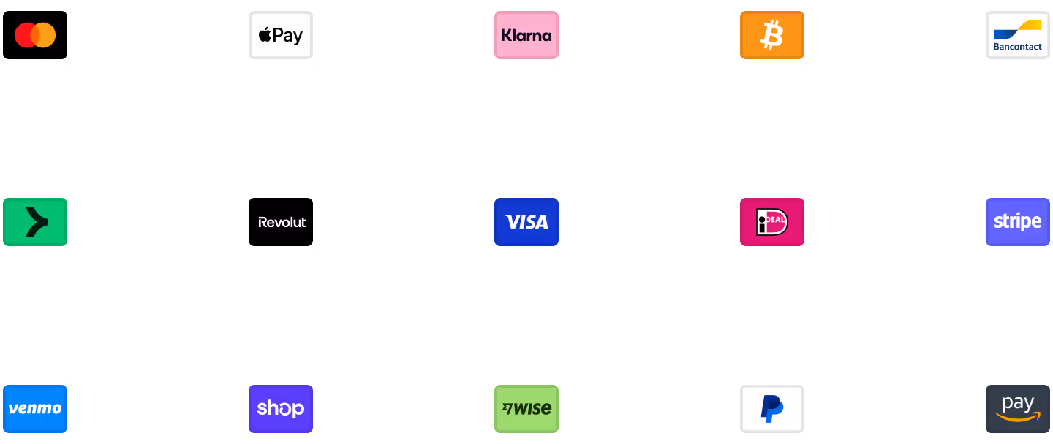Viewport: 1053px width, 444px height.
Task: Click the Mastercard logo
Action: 35,35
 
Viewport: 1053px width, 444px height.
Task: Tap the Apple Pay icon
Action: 281,35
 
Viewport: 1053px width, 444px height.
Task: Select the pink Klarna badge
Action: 526,35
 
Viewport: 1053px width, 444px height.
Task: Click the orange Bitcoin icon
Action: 772,35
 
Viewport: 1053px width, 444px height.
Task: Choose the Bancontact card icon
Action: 1018,35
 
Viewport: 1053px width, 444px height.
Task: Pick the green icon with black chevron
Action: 35,222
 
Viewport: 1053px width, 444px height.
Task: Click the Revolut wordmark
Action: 282,222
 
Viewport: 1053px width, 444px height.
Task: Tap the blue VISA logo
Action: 526,222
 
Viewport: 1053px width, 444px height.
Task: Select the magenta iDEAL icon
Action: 772,222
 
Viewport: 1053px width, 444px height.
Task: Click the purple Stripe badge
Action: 1018,222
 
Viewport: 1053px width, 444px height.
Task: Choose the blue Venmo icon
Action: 35,409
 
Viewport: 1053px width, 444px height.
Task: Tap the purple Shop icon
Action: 281,409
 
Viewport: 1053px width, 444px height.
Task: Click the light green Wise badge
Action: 526,409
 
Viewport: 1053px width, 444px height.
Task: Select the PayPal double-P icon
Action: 772,409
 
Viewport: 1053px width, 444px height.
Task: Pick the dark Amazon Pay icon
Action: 1018,409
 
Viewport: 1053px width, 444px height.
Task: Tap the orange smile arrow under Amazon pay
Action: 1018,418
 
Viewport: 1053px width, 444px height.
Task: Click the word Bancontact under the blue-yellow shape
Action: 1018,47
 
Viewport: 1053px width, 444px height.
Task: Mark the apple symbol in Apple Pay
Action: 265,35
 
